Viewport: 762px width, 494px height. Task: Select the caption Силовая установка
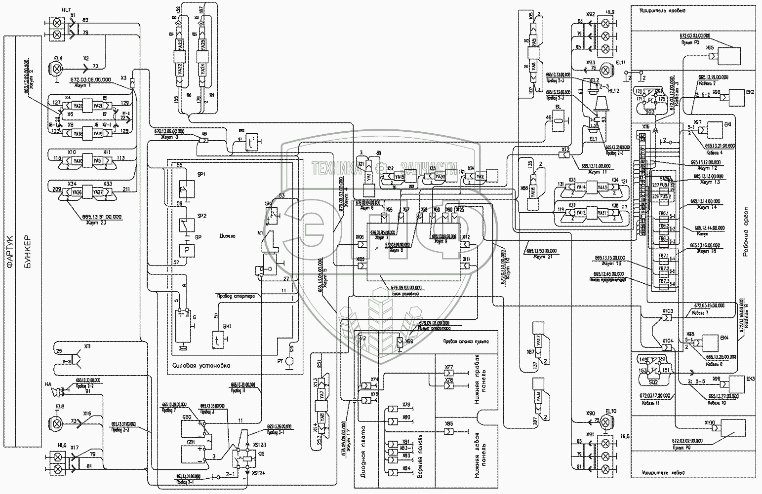pos(201,366)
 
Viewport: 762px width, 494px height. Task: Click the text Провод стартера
pos(235,296)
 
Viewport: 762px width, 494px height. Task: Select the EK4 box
pos(709,343)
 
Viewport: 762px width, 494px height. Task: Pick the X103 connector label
pos(667,311)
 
